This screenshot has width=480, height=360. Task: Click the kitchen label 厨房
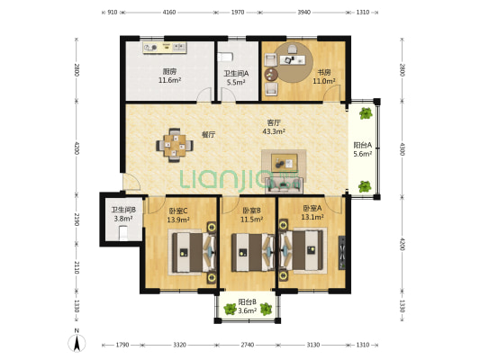point(169,72)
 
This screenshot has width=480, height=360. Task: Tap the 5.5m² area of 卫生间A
point(236,82)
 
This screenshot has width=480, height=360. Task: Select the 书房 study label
point(323,73)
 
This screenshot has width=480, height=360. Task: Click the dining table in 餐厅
point(175,145)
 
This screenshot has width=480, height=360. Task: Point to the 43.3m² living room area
point(274,131)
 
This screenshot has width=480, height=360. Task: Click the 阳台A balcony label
point(363,145)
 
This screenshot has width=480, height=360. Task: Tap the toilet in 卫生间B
point(123,233)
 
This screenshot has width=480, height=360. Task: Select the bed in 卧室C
point(195,252)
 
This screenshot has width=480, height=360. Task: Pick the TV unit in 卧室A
point(342,253)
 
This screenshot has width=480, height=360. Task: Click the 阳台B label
point(247,302)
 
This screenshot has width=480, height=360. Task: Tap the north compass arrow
point(77,343)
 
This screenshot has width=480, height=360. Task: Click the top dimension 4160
point(169,13)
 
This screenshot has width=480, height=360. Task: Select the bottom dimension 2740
point(248,345)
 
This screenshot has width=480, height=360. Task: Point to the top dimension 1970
point(238,13)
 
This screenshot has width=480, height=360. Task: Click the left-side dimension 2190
point(77,220)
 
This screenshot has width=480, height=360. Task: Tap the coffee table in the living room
point(285,161)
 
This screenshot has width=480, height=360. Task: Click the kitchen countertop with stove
point(165,48)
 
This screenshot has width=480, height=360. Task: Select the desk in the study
point(292,60)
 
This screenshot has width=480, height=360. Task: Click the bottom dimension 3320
point(179,345)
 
